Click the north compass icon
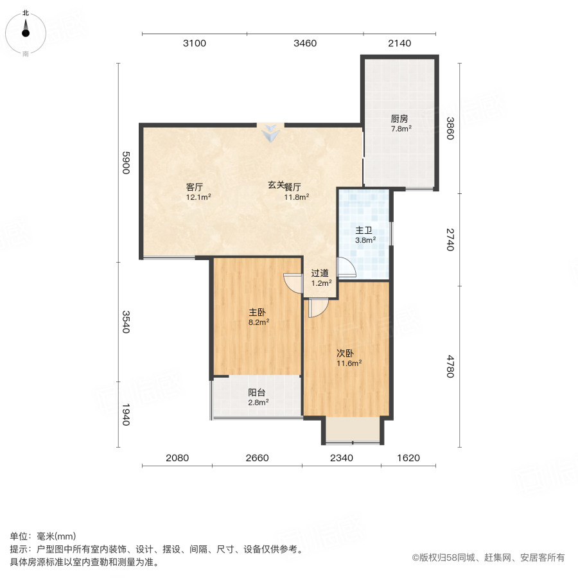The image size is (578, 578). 26,30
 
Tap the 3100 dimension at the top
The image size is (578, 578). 194,44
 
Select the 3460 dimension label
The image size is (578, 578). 305,44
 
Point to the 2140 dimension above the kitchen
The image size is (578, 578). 399,44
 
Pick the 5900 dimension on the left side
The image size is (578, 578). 127,162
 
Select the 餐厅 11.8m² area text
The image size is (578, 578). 296,197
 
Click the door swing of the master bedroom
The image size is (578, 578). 293,283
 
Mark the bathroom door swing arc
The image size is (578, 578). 345,268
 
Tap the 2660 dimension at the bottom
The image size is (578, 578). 257,458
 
